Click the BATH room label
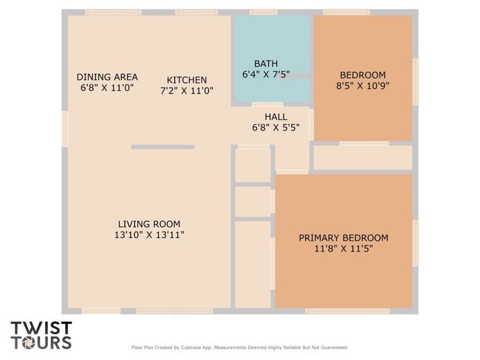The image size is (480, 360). tap(266, 63)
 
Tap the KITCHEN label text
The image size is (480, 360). tap(187, 80)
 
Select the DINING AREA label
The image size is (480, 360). tap(107, 77)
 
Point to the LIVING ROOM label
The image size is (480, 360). tap(149, 224)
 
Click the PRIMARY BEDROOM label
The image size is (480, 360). tap(343, 238)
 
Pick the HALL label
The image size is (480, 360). tap(276, 117)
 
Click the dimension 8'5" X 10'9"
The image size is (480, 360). tap(363, 86)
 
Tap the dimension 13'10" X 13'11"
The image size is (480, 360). tap(149, 235)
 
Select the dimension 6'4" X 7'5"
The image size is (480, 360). tap(266, 75)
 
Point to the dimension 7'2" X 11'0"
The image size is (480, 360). tap(187, 91)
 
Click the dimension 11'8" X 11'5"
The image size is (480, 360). tap(343, 249)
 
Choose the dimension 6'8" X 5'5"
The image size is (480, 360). tap(276, 128)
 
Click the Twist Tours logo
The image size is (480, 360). tap(41, 335)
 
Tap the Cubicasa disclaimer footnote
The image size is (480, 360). tap(240, 347)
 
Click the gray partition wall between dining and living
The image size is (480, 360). tap(163, 147)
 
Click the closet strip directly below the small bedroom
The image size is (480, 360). tap(363, 158)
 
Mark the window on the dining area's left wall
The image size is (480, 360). tap(65, 129)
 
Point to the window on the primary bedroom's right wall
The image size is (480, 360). tap(416, 243)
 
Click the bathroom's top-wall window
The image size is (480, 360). tap(264, 13)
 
